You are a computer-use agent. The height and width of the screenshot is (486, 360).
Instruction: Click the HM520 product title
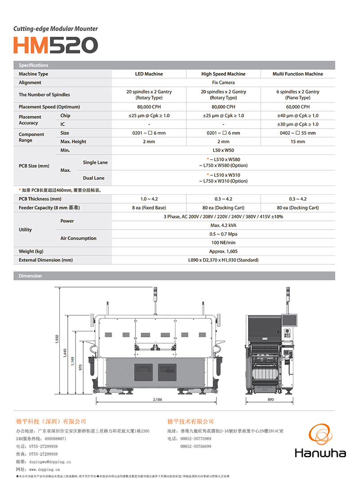click(x=55, y=45)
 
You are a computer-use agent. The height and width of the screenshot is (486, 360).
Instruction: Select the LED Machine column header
click(x=149, y=74)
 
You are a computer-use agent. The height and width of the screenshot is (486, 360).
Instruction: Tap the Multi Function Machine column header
click(x=297, y=74)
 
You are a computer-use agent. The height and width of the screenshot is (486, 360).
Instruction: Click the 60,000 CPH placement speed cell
click(x=297, y=107)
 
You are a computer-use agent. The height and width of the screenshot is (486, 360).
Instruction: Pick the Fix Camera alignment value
click(x=223, y=83)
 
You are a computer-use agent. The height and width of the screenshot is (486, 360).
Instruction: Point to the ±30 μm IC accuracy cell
click(x=297, y=124)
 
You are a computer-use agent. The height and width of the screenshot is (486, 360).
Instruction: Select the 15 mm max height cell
click(x=297, y=142)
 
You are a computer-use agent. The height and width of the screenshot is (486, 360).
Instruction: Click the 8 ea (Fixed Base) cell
click(x=149, y=208)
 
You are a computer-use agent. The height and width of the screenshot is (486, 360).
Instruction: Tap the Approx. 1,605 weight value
click(x=223, y=251)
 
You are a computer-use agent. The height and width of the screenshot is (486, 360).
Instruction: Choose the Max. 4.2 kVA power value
click(x=223, y=225)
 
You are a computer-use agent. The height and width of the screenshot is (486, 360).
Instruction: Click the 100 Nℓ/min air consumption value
click(x=223, y=243)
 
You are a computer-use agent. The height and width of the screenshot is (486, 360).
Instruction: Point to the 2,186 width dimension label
click(x=157, y=399)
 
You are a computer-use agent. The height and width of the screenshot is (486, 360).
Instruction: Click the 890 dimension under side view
click(x=270, y=399)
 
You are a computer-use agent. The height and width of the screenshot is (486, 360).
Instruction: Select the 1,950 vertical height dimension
click(x=57, y=339)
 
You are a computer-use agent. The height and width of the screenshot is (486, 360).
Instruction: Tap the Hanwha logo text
click(x=320, y=452)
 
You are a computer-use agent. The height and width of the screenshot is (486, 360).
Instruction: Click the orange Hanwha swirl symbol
click(x=320, y=434)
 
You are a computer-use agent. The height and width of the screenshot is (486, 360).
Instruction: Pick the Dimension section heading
click(x=30, y=276)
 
